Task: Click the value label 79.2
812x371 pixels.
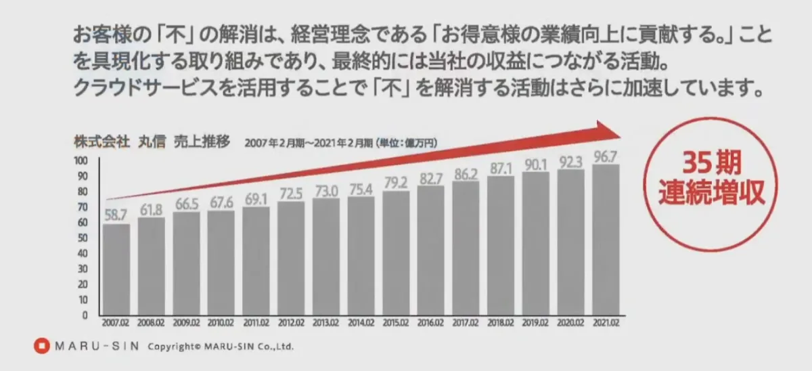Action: point(396,182)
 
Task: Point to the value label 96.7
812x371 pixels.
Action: point(606,156)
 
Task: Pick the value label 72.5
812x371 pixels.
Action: point(291,193)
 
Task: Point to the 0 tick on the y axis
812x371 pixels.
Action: point(85,315)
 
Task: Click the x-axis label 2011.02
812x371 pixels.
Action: point(256,324)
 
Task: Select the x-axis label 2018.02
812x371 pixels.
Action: point(501,324)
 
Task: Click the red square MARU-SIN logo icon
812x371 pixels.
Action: point(42,346)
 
